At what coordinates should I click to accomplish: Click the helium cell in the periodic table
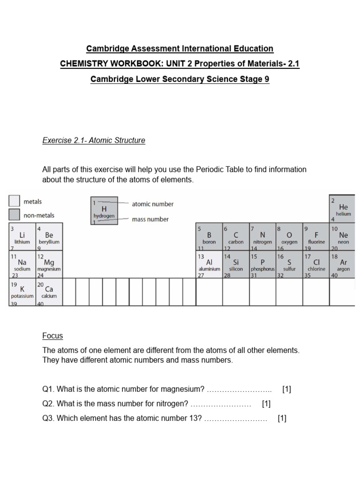342,208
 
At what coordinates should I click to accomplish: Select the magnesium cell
49,265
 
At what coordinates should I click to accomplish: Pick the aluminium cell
209,265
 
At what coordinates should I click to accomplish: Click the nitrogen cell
262,237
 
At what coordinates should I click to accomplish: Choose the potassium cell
22,292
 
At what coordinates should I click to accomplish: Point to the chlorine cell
316,265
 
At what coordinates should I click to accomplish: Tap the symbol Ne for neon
344,234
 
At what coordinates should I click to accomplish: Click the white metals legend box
15,201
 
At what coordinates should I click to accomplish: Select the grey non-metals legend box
15,215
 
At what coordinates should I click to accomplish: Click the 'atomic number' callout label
152,204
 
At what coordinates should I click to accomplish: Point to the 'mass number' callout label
150,219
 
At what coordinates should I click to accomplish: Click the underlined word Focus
52,336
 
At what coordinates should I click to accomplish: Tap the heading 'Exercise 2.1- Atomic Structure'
94,140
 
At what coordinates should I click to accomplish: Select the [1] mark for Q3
282,418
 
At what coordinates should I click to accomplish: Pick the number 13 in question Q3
195,418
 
